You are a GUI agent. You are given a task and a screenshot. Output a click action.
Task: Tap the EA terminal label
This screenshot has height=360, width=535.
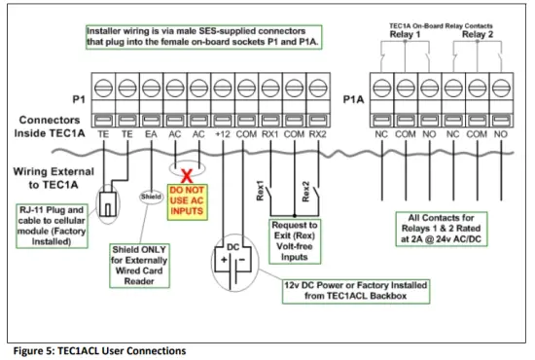point(151,136)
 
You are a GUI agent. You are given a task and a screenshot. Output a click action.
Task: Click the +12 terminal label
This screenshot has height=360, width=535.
point(223,136)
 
